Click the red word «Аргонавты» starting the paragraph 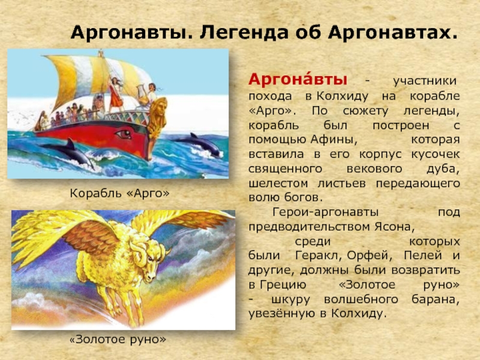pyautogui.click(x=298, y=80)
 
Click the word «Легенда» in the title pyautogui.click(x=244, y=33)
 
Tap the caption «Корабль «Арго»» pyautogui.click(x=119, y=193)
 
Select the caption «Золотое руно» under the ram pyautogui.click(x=118, y=339)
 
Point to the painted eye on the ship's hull pyautogui.click(x=124, y=134)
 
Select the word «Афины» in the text pyautogui.click(x=334, y=140)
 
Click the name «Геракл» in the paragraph pyautogui.click(x=319, y=256)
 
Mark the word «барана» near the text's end pyautogui.click(x=436, y=299)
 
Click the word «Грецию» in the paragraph pyautogui.click(x=283, y=285)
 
